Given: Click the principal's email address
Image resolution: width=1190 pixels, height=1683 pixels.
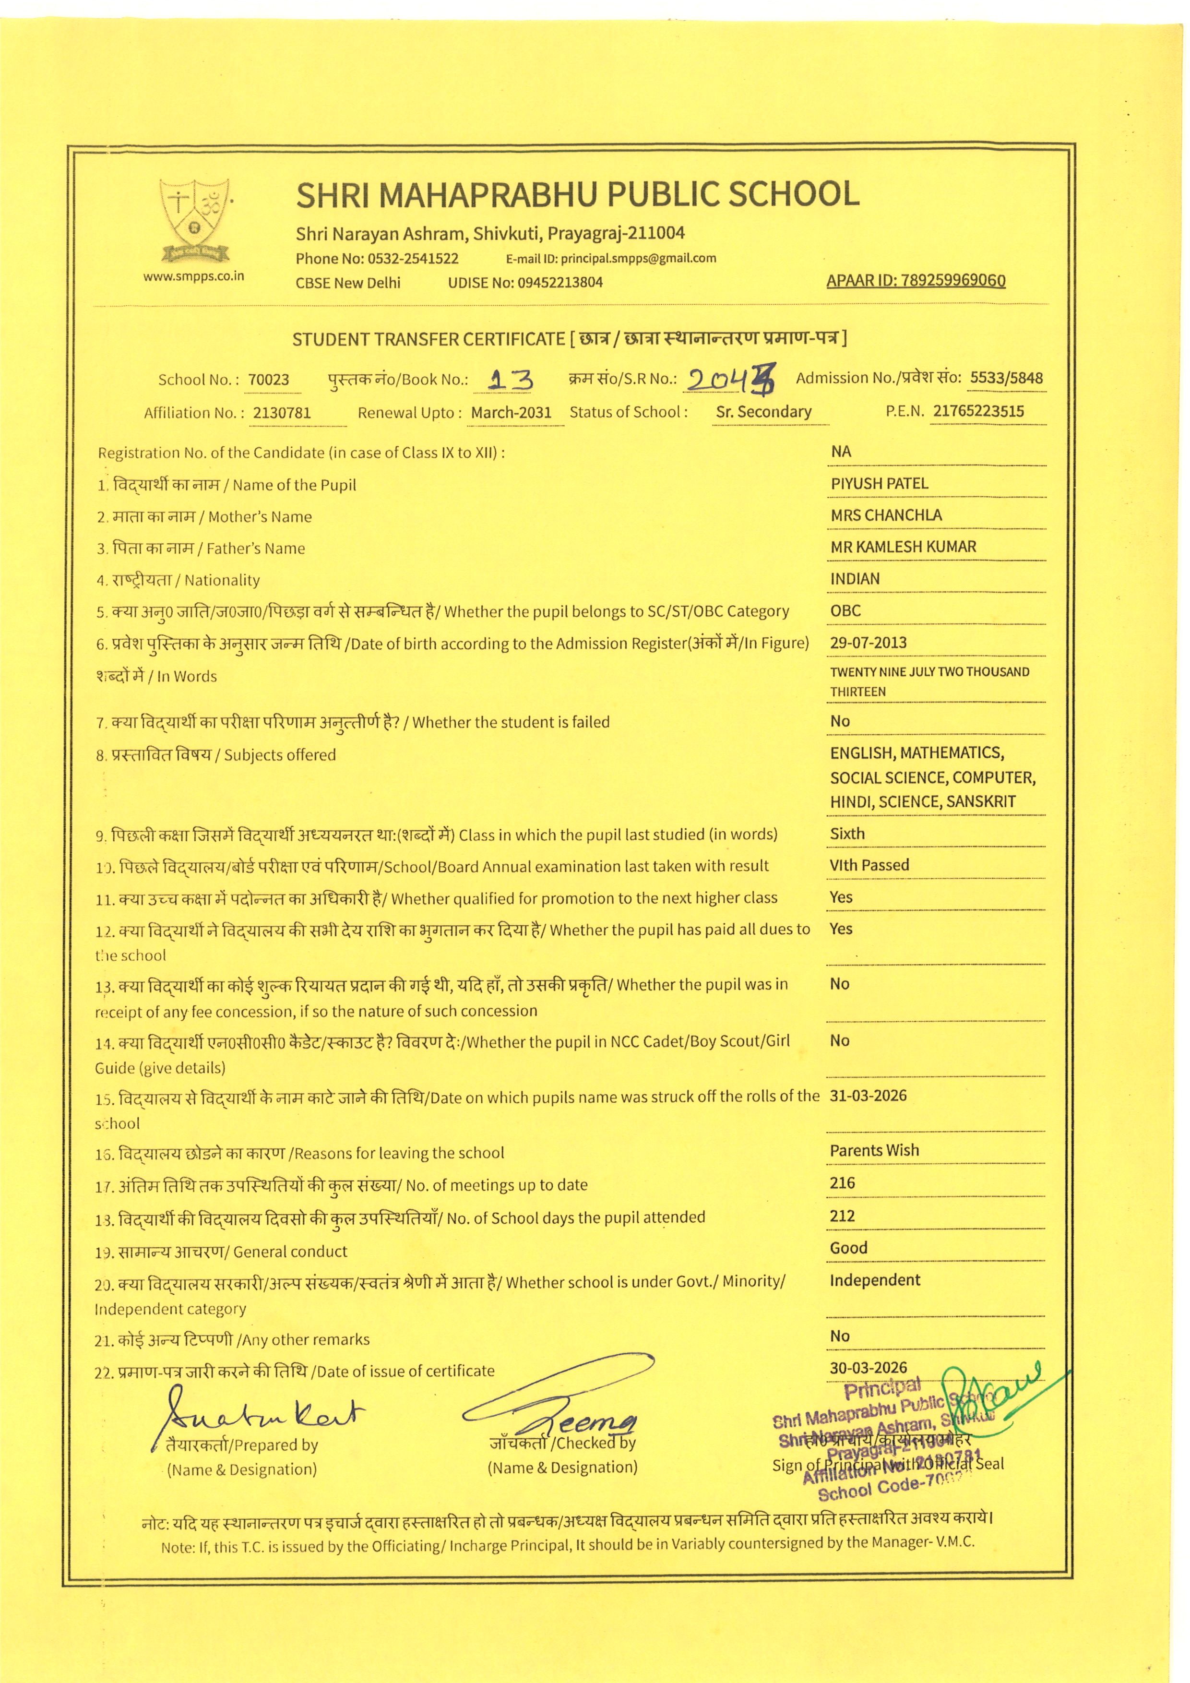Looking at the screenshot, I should pyautogui.click(x=638, y=258).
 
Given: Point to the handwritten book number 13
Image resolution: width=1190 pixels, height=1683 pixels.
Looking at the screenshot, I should pyautogui.click(x=511, y=379).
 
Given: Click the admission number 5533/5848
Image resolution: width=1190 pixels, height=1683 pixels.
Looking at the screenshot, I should pyautogui.click(x=1006, y=378).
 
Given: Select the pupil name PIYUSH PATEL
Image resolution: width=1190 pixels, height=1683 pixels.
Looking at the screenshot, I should pyautogui.click(x=880, y=484).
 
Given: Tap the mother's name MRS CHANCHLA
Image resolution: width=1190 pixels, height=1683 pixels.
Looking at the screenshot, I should pyautogui.click(x=886, y=515).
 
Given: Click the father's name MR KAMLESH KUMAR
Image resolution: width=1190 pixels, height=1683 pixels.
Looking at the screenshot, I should pyautogui.click(x=903, y=547).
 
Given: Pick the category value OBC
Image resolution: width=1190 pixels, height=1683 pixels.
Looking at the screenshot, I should pyautogui.click(x=845, y=610).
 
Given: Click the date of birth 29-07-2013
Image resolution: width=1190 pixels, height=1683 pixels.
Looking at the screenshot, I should pyautogui.click(x=869, y=643).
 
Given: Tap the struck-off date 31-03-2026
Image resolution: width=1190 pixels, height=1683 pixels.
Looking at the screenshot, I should pyautogui.click(x=869, y=1096).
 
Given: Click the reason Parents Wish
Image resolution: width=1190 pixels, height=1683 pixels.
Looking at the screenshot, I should pyautogui.click(x=874, y=1151).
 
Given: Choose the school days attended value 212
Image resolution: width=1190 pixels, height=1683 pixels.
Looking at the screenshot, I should pyautogui.click(x=842, y=1216).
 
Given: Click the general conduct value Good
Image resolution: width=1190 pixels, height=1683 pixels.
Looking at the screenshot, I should pyautogui.click(x=848, y=1248).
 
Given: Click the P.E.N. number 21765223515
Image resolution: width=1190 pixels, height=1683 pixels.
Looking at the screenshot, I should pyautogui.click(x=978, y=411).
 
